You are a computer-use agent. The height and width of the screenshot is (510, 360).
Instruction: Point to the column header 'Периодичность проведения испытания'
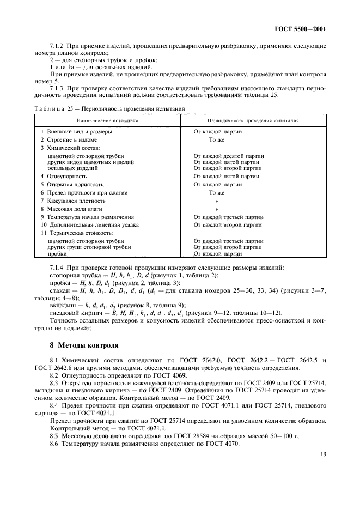click(x=253, y=120)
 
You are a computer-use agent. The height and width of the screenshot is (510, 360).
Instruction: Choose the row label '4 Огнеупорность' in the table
click(x=64, y=176)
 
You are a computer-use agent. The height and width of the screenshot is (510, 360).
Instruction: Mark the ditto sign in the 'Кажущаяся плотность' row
click(x=216, y=201)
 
